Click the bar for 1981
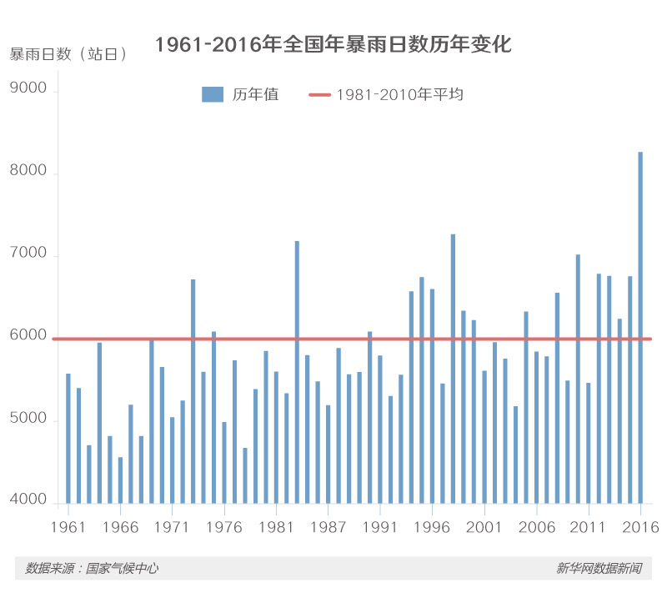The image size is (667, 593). pos(277,437)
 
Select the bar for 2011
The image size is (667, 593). pos(589,443)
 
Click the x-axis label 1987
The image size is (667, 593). pos(328,528)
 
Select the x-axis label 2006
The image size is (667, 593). pos(537,528)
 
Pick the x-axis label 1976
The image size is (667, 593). pos(225,528)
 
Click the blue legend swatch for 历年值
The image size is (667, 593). pos(213,94)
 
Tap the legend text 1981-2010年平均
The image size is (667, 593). pos(399,94)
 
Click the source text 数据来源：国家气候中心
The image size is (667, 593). pos(92,569)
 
